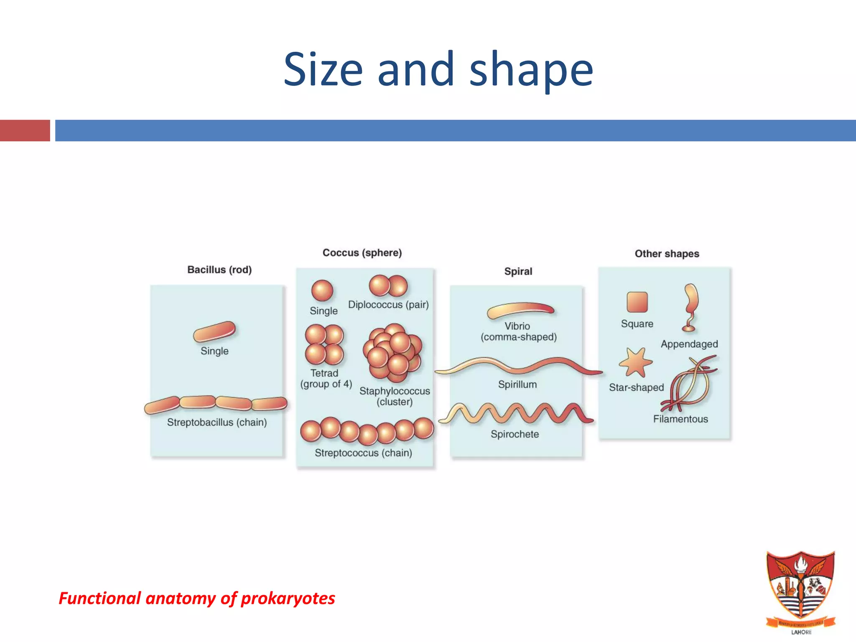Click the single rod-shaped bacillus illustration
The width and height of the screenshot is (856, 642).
coord(214,331)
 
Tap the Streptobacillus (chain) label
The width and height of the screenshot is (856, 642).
coord(217,422)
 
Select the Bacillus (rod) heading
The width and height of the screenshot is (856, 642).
coord(219,270)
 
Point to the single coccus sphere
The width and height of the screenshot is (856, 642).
coord(322,290)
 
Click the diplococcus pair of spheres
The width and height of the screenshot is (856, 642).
coord(388,286)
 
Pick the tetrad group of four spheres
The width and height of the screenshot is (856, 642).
coord(324,345)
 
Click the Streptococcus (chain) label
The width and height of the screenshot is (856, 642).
coord(363,453)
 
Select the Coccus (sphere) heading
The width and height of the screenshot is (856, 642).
coord(362,252)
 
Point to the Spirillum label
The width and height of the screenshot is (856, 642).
coord(517,384)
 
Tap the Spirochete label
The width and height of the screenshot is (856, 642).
coord(515,434)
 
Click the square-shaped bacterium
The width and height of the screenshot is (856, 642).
coord(637,302)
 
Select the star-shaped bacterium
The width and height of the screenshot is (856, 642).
coord(635,362)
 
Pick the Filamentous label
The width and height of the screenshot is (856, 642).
coord(680,419)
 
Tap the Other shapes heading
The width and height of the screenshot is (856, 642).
coord(667,253)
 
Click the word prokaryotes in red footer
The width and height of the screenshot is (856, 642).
coord(288,598)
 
